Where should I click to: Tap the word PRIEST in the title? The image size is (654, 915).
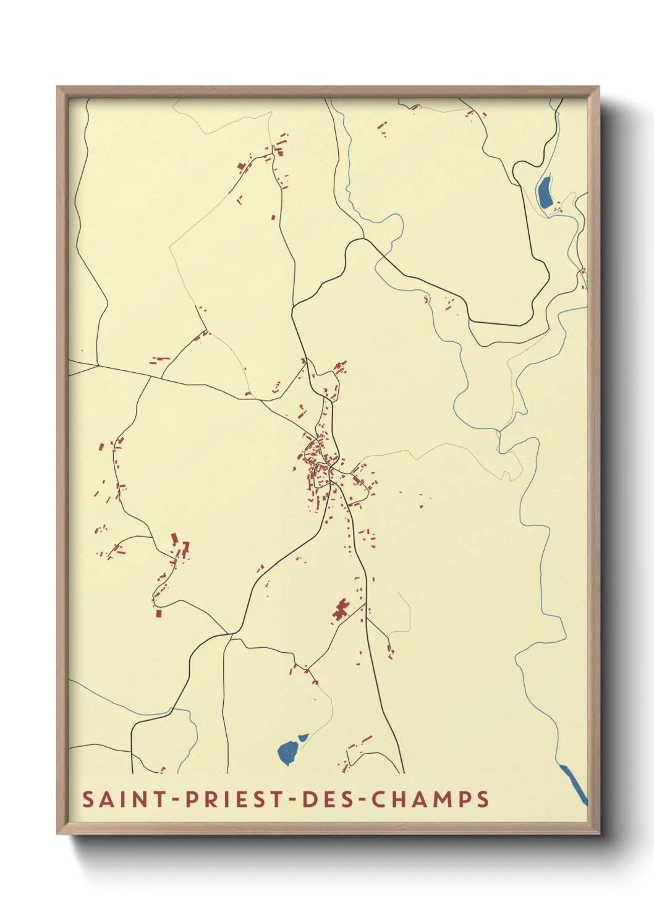point(232,799)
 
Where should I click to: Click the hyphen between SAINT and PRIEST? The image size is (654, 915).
point(176,799)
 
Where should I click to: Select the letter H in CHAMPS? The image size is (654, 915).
point(397,799)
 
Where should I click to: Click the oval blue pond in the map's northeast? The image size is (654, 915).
point(545,192)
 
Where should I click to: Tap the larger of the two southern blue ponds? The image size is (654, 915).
point(287,753)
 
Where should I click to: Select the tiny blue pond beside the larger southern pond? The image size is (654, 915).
point(303,737)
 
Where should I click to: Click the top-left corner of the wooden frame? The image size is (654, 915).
point(57,87)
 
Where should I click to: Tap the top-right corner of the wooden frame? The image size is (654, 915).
point(598,87)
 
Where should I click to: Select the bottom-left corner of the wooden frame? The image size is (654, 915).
point(57,833)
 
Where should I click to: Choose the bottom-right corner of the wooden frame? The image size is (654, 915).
point(598,833)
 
